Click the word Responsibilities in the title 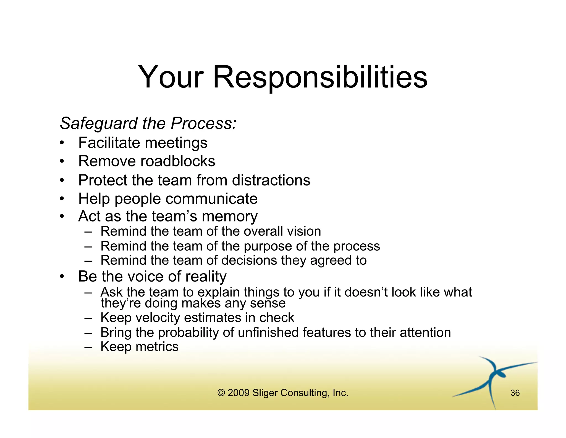[x=320, y=77]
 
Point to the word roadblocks [x=178, y=161]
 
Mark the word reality [x=206, y=277]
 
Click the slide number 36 [x=515, y=393]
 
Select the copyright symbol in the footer [x=221, y=393]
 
